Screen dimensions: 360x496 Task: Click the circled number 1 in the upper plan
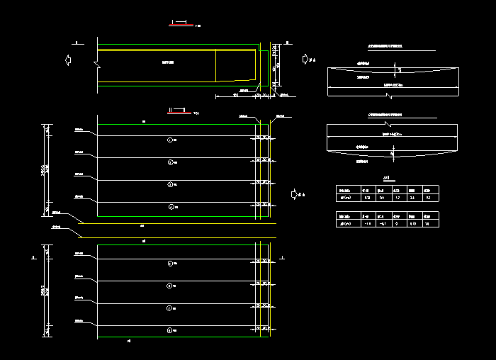pyautogui.click(x=169, y=140)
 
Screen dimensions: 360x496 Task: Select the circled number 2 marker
pyautogui.click(x=169, y=162)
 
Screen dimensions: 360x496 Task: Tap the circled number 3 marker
pyautogui.click(x=169, y=184)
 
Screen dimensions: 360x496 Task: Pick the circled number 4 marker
pyautogui.click(x=169, y=206)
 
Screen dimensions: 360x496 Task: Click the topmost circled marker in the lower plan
pyautogui.click(x=169, y=264)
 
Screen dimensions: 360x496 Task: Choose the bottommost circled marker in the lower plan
pyautogui.click(x=169, y=330)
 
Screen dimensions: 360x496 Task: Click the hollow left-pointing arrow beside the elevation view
pyautogui.click(x=68, y=60)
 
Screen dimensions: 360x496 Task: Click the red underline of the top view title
pyautogui.click(x=181, y=26)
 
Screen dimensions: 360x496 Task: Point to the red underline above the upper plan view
pyautogui.click(x=177, y=112)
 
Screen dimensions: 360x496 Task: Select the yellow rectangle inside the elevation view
pyautogui.click(x=235, y=66)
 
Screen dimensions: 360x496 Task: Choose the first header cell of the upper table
pyautogui.click(x=347, y=190)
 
